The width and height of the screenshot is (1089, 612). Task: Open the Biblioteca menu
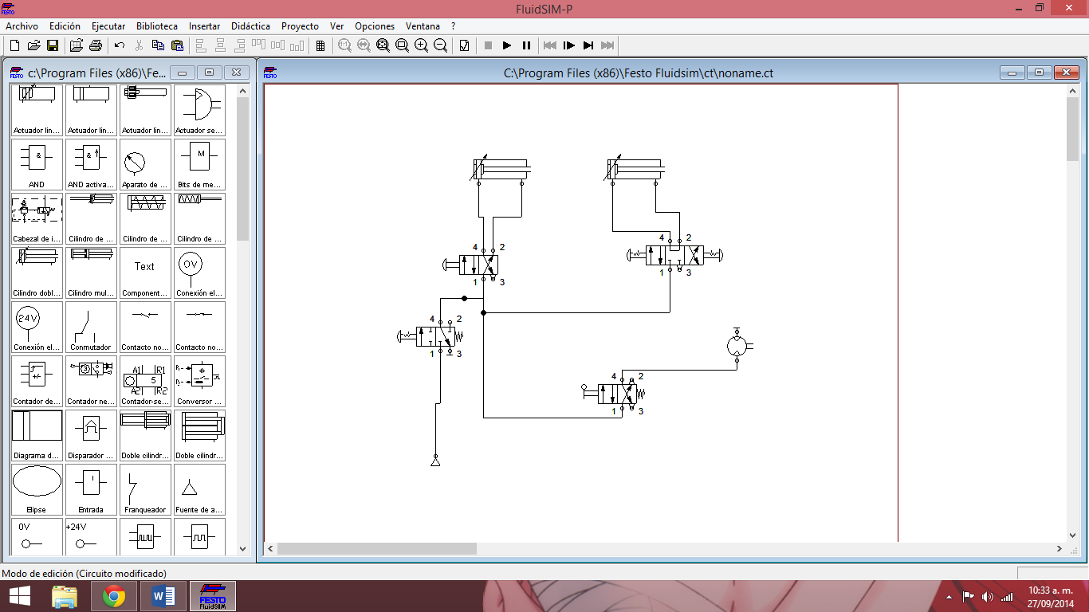[x=156, y=26]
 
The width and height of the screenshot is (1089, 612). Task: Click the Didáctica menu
[x=250, y=26]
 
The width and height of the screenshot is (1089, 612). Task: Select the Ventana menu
[x=423, y=26]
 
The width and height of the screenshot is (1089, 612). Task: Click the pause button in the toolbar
[x=526, y=45]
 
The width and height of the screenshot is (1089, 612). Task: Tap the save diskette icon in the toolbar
[x=53, y=45]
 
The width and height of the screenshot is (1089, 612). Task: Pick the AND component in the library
[x=37, y=163]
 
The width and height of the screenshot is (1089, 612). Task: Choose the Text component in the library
[x=144, y=272]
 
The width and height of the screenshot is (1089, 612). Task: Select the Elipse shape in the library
[x=37, y=488]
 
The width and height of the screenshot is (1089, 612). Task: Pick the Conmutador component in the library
[x=91, y=326]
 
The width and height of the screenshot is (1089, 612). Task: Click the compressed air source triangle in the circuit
[x=435, y=461]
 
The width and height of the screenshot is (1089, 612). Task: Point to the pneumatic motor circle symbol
[x=737, y=345]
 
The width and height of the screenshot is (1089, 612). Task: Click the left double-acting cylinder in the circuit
[x=501, y=170]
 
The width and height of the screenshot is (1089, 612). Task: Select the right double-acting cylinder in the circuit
[x=635, y=170]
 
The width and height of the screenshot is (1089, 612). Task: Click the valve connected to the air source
[x=436, y=335]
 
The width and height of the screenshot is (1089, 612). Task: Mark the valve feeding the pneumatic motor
[x=618, y=394]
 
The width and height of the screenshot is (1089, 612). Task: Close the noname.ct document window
[x=1066, y=73]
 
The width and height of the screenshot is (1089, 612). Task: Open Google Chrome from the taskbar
[x=114, y=596]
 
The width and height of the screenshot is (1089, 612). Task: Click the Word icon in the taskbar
[x=163, y=596]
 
